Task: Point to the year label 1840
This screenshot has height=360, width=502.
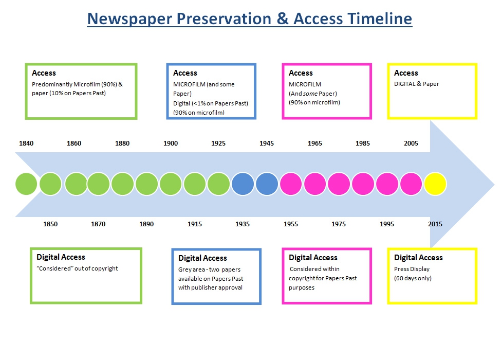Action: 26,143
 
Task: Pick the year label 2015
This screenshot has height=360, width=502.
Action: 435,224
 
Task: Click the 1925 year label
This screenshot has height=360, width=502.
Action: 218,143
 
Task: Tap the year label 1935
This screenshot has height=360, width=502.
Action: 243,224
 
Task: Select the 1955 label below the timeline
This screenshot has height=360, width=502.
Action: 291,224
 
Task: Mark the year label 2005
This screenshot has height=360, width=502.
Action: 411,143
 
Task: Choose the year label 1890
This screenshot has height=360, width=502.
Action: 146,224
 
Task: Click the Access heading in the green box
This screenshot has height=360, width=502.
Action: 44,73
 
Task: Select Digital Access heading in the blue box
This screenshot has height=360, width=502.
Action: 202,258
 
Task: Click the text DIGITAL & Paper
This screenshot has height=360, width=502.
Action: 417,84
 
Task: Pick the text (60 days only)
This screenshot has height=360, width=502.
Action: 413,278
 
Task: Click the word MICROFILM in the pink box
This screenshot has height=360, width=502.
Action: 305,84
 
